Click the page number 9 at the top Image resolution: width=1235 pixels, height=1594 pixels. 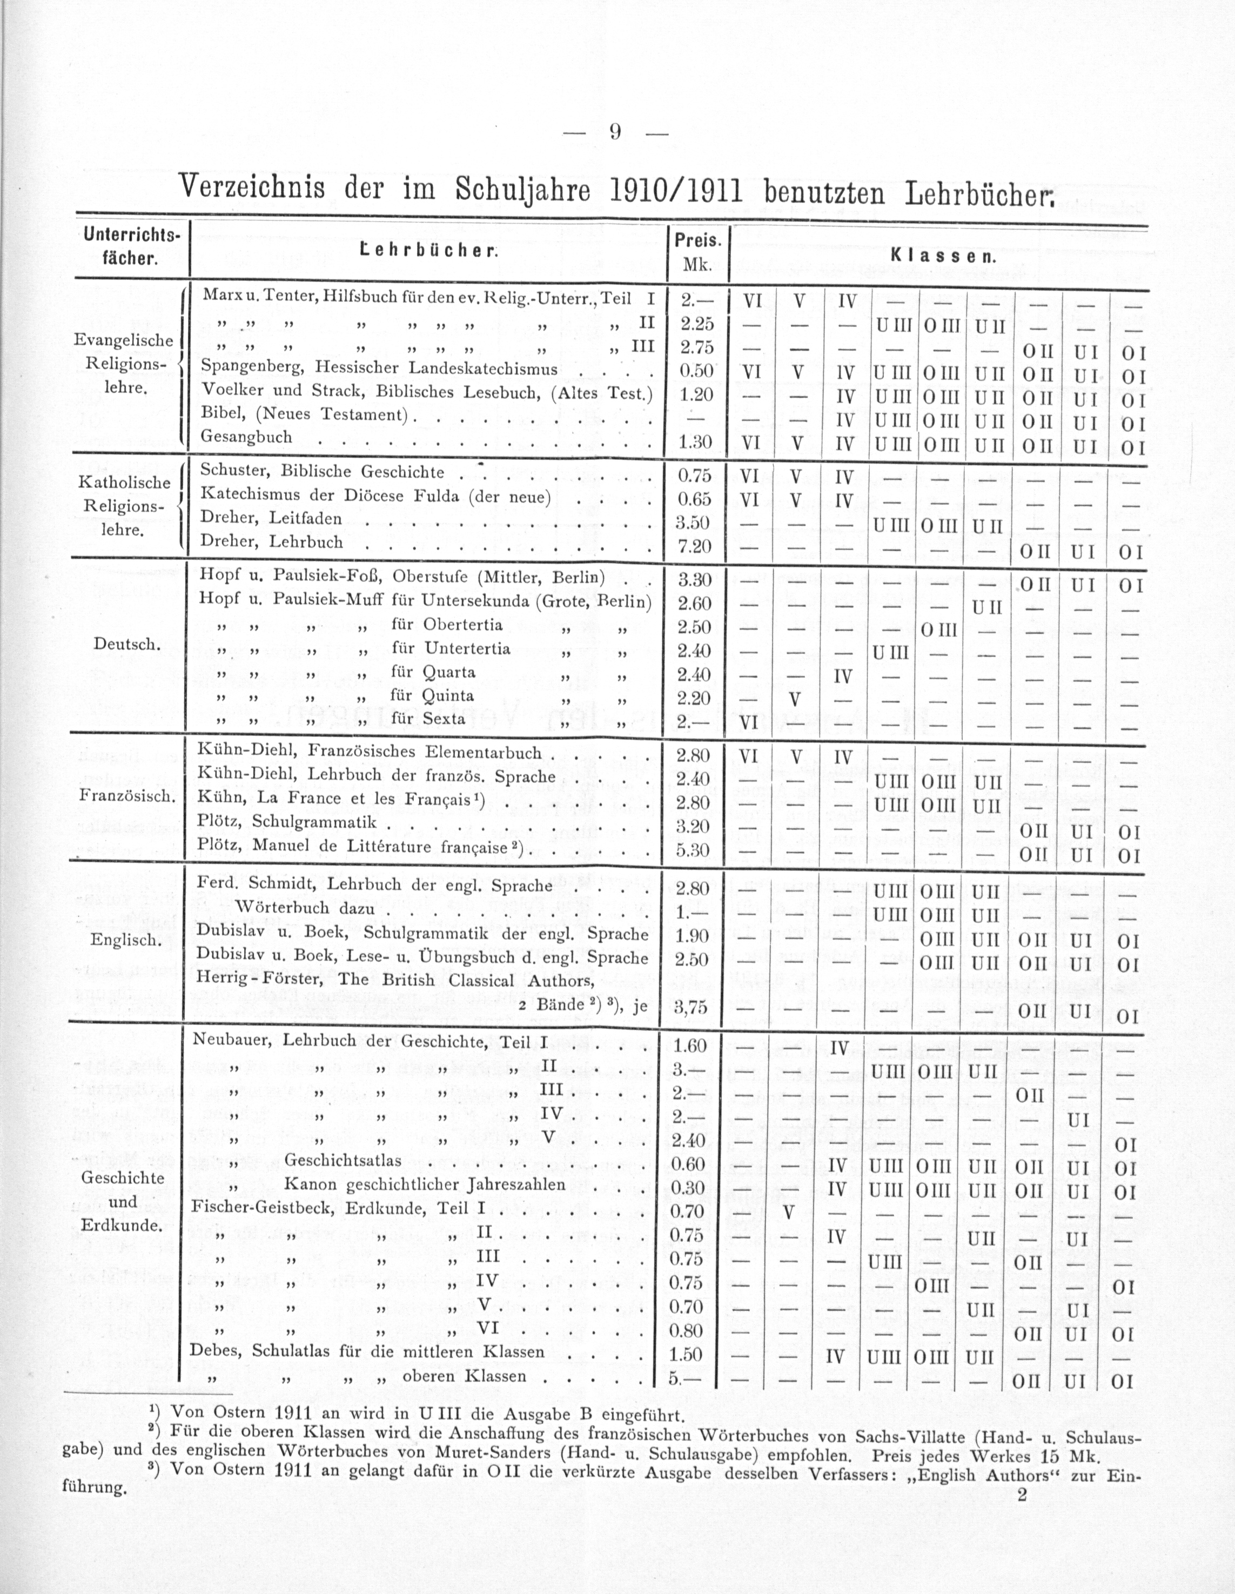(615, 133)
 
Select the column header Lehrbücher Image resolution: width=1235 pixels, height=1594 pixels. (428, 252)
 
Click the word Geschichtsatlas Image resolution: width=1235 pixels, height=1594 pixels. (343, 1161)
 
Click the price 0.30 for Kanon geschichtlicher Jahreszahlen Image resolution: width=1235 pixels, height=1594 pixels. (688, 1188)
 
